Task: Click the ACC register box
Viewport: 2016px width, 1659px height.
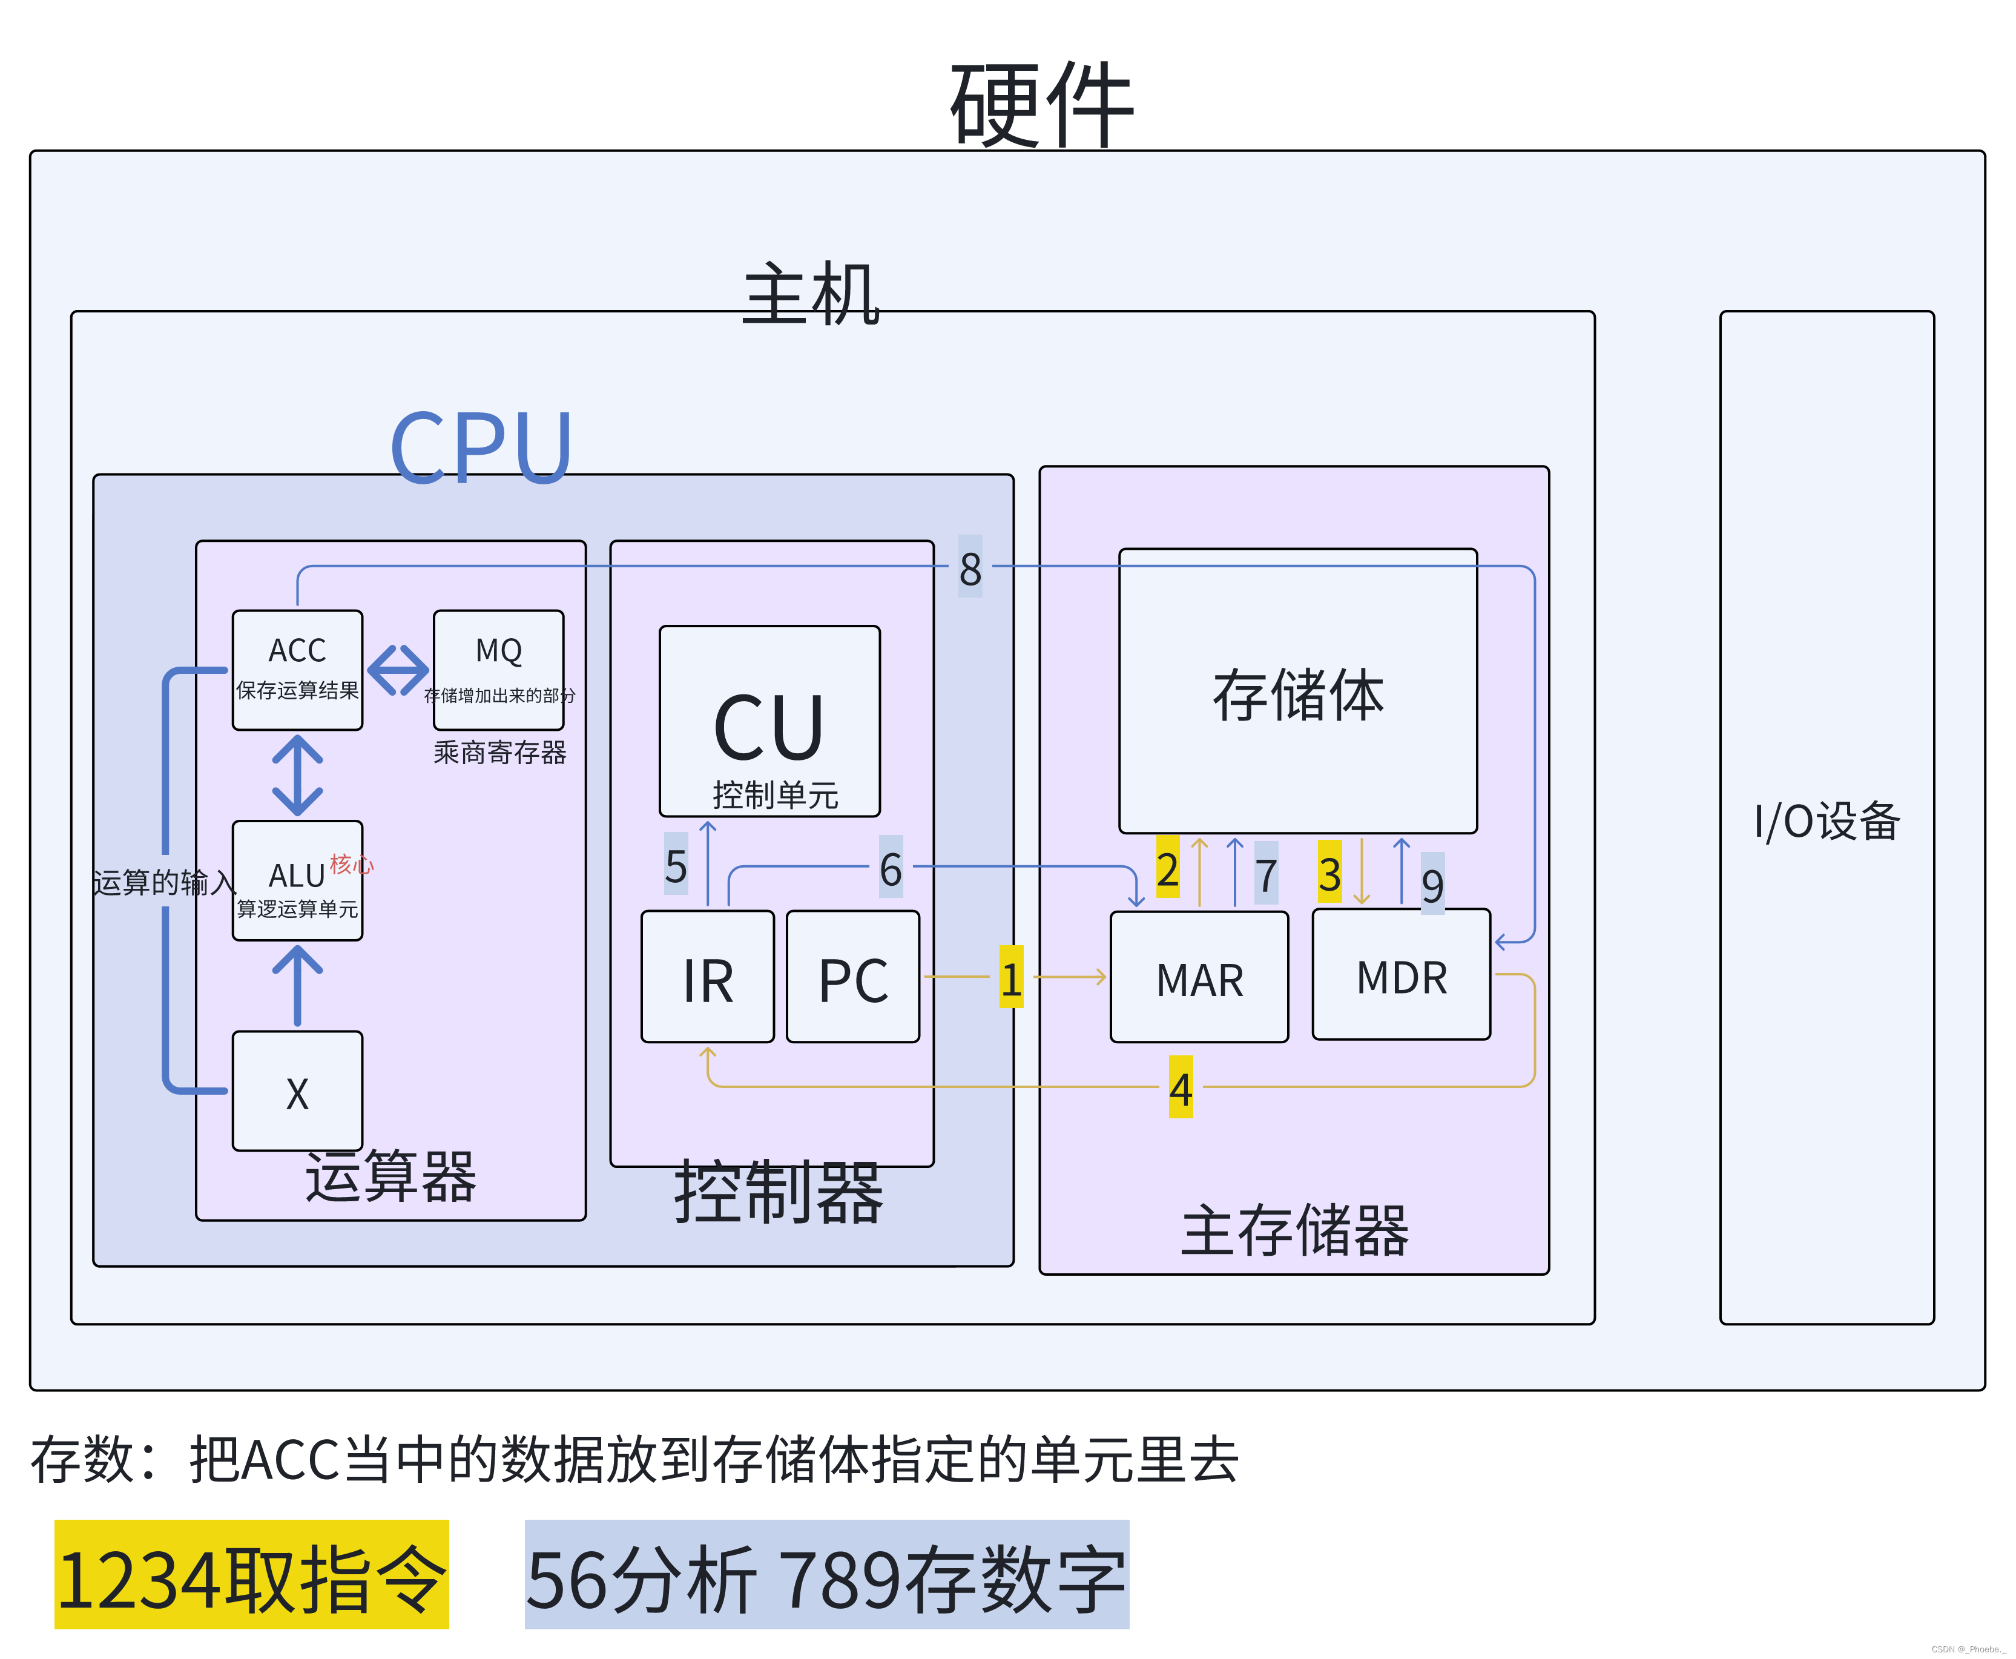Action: [297, 670]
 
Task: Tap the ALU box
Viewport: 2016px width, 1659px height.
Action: [297, 880]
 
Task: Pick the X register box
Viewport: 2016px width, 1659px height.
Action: [297, 1090]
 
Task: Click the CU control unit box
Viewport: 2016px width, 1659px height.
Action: [769, 722]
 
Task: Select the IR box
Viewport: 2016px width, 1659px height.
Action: [707, 977]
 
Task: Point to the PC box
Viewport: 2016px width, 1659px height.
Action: [852, 977]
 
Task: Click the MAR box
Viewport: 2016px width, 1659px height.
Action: [1199, 977]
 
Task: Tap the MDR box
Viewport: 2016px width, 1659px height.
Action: [1401, 975]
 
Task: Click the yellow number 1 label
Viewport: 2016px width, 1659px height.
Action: [1011, 978]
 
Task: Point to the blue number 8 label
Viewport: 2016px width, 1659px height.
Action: [970, 568]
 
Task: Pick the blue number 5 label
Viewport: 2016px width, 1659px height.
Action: [676, 865]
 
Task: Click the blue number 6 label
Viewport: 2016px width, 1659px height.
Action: [891, 868]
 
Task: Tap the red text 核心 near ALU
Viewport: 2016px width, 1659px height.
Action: [351, 864]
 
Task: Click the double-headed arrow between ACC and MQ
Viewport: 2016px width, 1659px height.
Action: [398, 670]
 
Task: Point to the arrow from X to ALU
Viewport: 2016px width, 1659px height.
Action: [297, 985]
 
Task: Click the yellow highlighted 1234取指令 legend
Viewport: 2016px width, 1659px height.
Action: [251, 1574]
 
